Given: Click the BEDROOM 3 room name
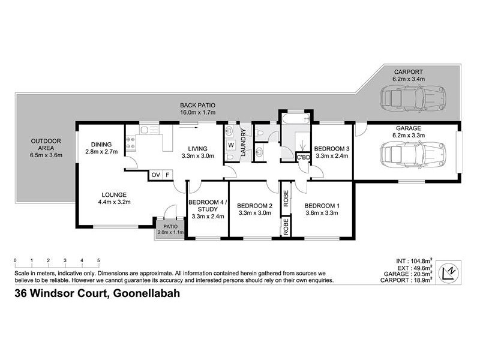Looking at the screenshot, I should pos(332,148).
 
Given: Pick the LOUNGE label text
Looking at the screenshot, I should pos(113,194).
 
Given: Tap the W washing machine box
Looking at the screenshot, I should pos(231,145).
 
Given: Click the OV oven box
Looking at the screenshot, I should pos(156,175).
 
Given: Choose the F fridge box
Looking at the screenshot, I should pos(167,175).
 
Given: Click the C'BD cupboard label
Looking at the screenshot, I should pos(304,157).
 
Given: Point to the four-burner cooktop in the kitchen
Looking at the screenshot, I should pos(131,143).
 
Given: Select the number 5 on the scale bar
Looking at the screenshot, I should pos(98,260).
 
